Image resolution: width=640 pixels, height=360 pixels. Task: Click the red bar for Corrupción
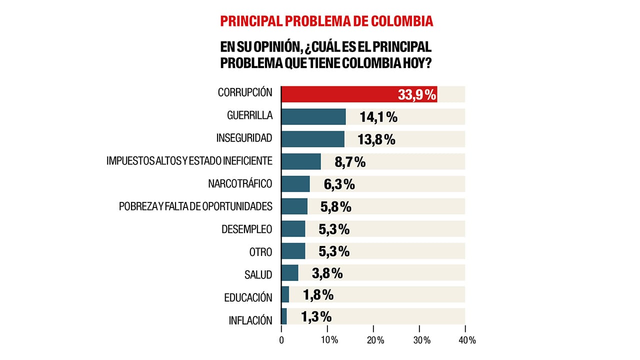pyautogui.click(x=340, y=94)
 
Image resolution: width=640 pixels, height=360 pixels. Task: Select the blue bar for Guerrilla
pyautogui.click(x=313, y=116)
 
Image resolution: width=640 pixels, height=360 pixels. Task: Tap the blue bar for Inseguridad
pyautogui.click(x=312, y=139)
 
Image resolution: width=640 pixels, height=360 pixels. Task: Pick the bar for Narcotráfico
pyautogui.click(x=295, y=184)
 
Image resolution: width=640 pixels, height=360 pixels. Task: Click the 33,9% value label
pyautogui.click(x=417, y=94)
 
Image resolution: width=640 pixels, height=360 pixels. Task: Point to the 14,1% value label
pyautogui.click(x=378, y=117)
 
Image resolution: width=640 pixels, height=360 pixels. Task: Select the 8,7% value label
pyautogui.click(x=350, y=162)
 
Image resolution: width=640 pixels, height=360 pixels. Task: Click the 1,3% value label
pyautogui.click(x=316, y=317)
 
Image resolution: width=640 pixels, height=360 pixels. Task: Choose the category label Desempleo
pyautogui.click(x=246, y=229)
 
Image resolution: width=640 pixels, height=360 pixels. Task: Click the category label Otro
pyautogui.click(x=260, y=252)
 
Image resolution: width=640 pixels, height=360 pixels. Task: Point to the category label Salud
pyautogui.click(x=258, y=274)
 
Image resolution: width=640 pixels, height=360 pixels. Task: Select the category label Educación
pyautogui.click(x=248, y=297)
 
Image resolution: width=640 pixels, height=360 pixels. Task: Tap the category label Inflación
pyautogui.click(x=250, y=320)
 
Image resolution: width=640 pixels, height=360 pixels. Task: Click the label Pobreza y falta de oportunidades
pyautogui.click(x=195, y=206)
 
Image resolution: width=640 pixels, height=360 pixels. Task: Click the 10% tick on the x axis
pyautogui.click(x=327, y=340)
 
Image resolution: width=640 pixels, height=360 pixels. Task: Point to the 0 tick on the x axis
pyautogui.click(x=281, y=340)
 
